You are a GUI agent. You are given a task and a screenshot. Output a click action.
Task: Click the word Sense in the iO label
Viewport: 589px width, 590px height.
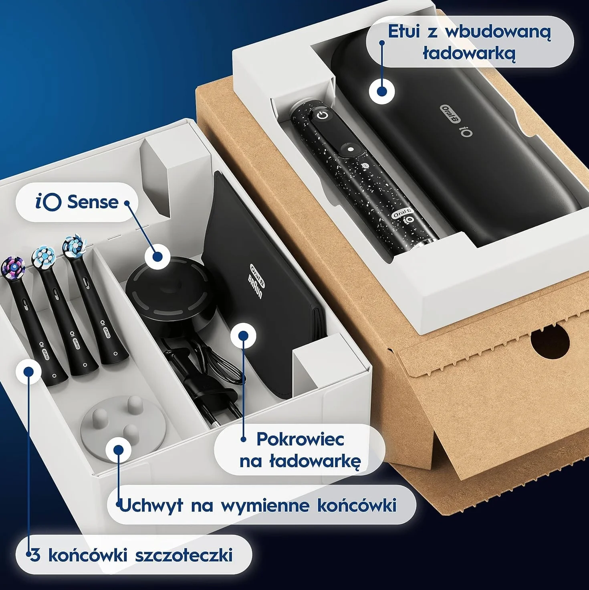[x=93, y=202]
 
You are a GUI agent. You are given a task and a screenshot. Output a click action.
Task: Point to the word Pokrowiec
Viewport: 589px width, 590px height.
[x=300, y=439]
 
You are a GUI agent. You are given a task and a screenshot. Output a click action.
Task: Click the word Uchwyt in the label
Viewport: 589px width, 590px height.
[x=151, y=505]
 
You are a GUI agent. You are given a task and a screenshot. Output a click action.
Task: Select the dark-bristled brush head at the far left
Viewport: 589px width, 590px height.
[x=13, y=267]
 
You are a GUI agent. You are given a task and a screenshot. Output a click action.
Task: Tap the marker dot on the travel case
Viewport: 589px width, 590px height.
[x=381, y=91]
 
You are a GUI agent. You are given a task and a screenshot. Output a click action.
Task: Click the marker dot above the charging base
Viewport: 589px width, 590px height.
[x=157, y=257]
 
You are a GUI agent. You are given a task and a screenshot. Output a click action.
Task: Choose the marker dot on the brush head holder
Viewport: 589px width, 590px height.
[x=119, y=450]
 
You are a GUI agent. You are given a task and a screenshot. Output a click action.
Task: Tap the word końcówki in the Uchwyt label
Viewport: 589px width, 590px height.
[x=357, y=505]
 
